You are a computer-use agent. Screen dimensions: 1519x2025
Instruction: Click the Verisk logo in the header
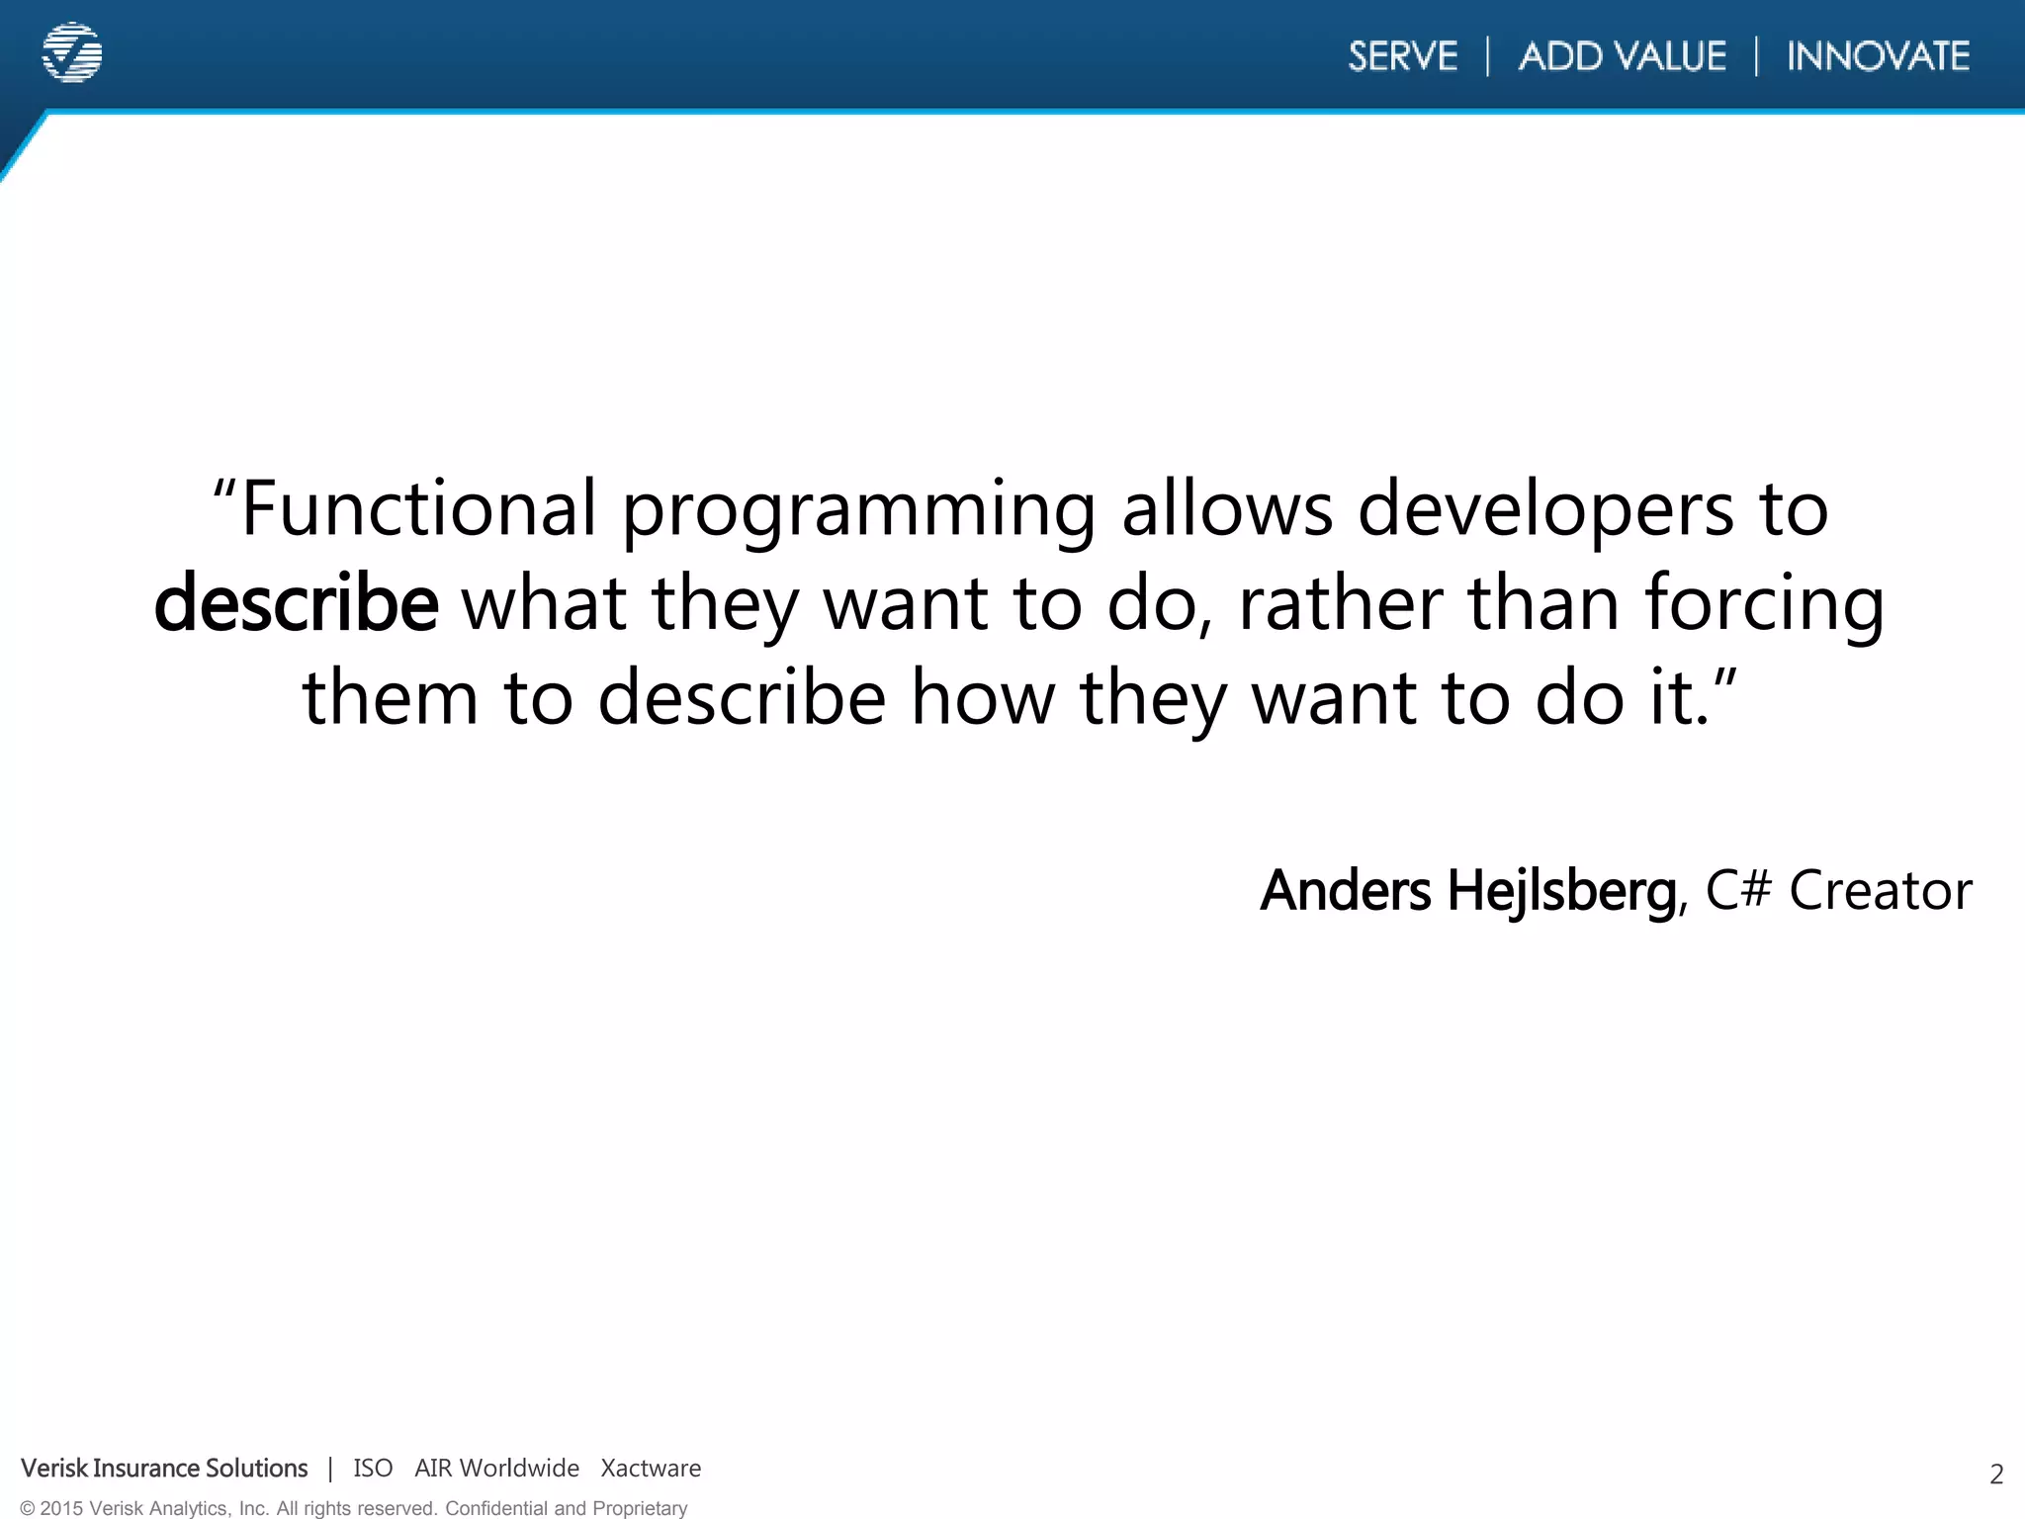(x=72, y=52)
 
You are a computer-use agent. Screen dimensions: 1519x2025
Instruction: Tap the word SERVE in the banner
(x=1402, y=56)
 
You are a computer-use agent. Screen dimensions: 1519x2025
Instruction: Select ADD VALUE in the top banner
(x=1622, y=56)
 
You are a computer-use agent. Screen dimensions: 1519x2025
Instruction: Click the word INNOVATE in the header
(x=1878, y=56)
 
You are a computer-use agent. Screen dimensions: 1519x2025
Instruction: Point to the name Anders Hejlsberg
(x=1467, y=890)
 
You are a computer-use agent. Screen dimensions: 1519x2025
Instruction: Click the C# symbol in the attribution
(x=1738, y=889)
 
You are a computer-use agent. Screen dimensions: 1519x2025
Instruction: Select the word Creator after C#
(x=1881, y=890)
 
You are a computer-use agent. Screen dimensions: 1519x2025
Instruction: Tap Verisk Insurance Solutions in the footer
(x=164, y=1469)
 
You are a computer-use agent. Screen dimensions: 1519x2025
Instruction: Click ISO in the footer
(x=373, y=1469)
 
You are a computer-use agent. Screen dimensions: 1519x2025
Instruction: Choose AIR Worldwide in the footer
(x=496, y=1469)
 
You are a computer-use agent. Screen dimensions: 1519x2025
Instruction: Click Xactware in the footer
(x=651, y=1469)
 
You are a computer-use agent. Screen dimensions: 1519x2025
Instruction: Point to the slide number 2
(x=1995, y=1474)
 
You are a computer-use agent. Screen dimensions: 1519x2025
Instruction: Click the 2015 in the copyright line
(x=60, y=1508)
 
